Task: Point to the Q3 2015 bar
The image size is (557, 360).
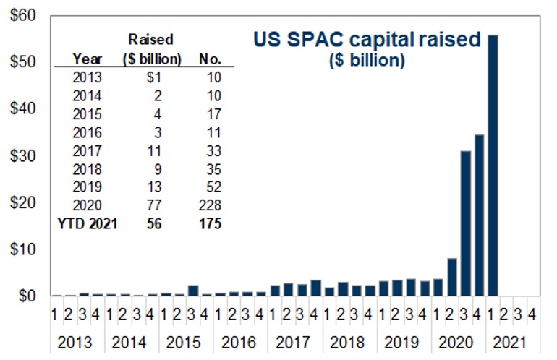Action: click(193, 290)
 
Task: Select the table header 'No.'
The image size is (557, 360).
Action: click(209, 58)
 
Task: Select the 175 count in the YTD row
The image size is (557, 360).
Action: click(211, 224)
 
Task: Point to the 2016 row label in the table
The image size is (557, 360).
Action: click(88, 133)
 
